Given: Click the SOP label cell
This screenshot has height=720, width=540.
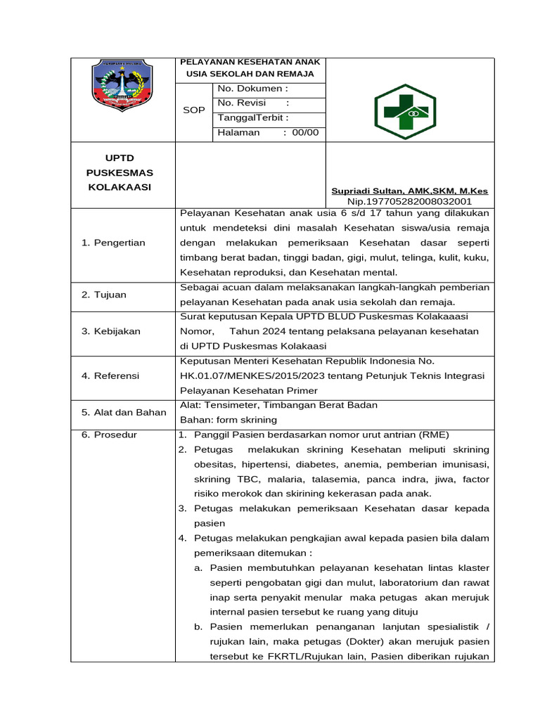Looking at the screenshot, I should point(193,110).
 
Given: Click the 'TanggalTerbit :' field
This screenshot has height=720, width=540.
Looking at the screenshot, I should point(252,117).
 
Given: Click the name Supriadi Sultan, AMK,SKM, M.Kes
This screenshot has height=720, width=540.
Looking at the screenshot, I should point(409,191).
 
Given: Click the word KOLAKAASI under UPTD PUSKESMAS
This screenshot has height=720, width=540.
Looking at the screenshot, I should point(120,186).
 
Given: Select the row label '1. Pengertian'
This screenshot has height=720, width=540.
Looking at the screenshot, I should point(113,243).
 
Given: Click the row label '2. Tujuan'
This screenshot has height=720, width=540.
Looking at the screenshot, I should point(104,295).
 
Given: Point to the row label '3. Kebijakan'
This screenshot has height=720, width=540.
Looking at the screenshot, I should point(111,331).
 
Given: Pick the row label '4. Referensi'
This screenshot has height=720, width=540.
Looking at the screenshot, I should point(110,375).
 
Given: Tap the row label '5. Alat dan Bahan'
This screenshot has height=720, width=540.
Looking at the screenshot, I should point(124,412).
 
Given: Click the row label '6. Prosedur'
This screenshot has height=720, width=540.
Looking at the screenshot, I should point(109,435).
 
